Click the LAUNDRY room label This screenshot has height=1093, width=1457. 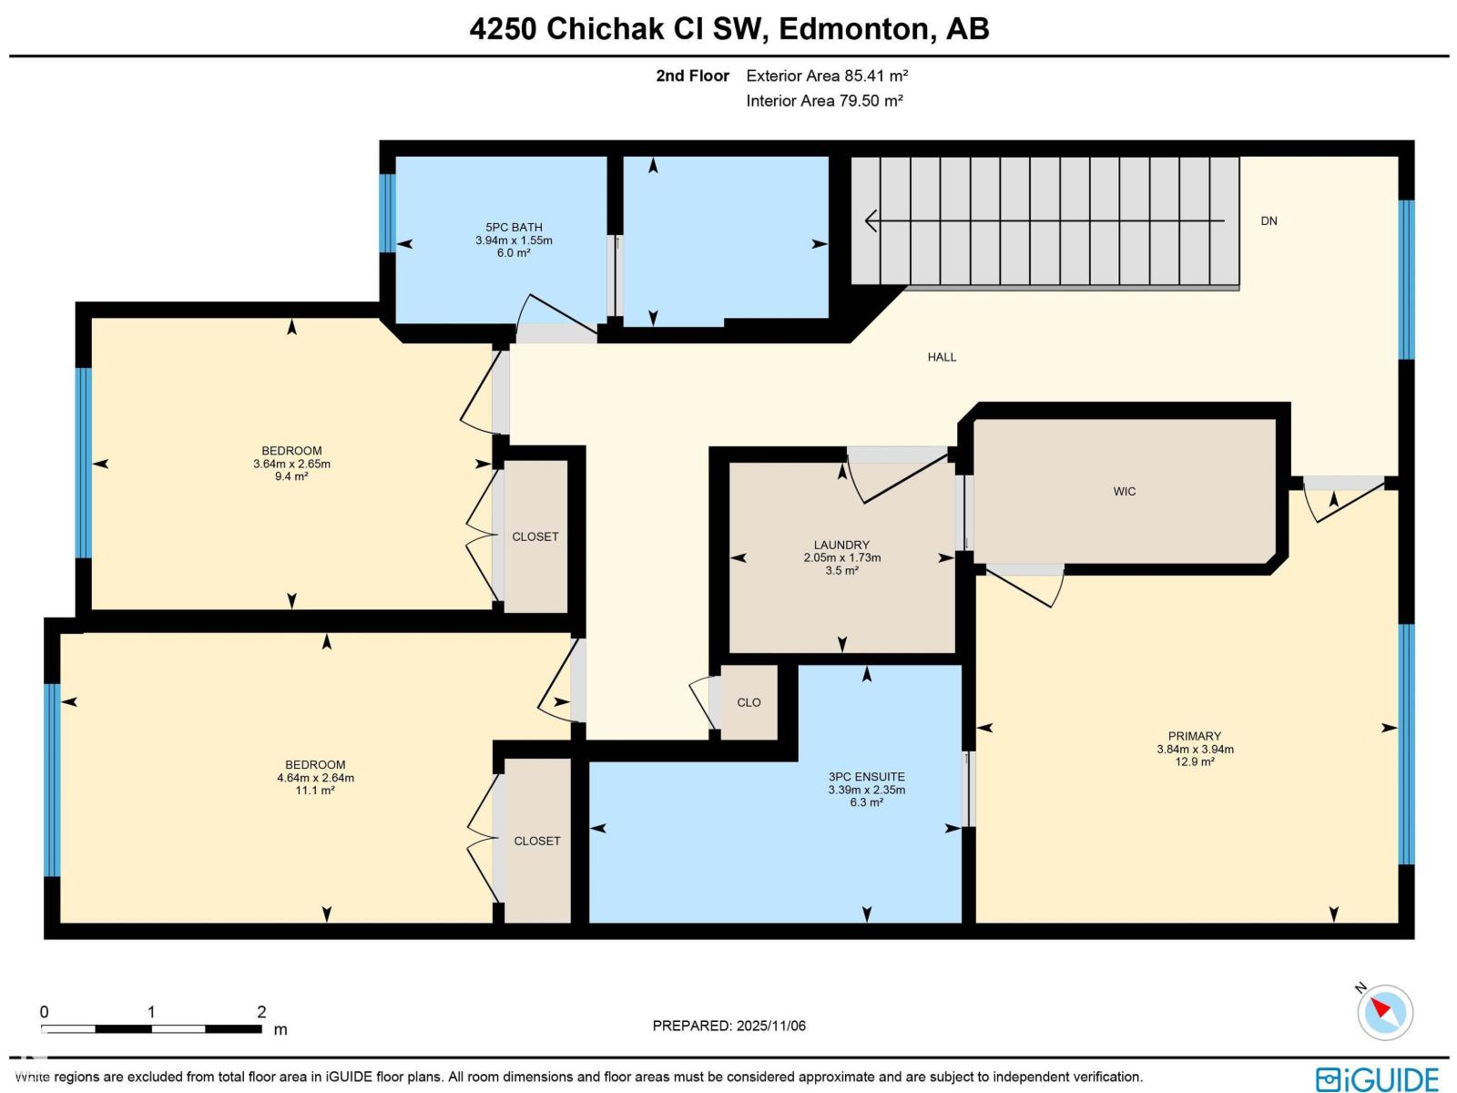[x=841, y=545]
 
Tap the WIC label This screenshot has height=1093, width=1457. [x=1125, y=492]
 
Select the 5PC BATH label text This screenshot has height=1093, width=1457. [x=514, y=228]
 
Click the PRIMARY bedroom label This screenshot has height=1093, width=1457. [x=1195, y=736]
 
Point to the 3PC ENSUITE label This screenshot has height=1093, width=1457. [x=866, y=777]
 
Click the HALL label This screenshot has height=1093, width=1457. [x=942, y=357]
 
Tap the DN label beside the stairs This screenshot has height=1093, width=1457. [x=1269, y=221]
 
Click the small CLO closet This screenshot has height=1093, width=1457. [x=749, y=702]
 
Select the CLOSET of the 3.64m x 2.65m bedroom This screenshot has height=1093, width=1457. [x=535, y=536]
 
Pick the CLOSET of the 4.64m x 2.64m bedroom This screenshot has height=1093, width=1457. [x=537, y=841]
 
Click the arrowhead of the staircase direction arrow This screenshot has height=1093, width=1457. [x=870, y=220]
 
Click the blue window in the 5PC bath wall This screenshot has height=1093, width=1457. [x=388, y=213]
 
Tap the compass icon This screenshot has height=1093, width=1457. [x=1385, y=1012]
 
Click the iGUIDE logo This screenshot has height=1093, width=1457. [x=1377, y=1079]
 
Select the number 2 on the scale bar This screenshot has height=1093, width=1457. [x=261, y=1012]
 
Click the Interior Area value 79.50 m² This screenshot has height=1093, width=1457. [x=871, y=101]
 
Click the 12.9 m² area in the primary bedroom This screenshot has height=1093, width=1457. [x=1195, y=762]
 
